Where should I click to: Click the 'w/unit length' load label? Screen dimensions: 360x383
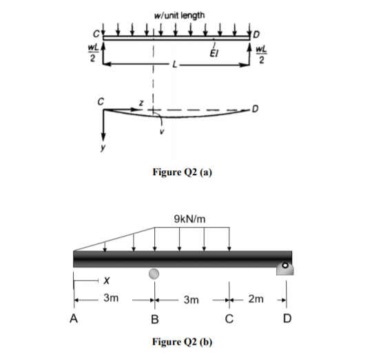(x=178, y=15)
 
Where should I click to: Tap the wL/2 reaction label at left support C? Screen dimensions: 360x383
(x=90, y=52)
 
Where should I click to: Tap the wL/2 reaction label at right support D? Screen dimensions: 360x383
(x=259, y=52)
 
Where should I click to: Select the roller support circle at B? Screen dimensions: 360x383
(x=154, y=274)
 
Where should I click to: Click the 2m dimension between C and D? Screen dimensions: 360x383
(x=257, y=299)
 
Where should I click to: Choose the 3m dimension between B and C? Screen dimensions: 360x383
(x=192, y=300)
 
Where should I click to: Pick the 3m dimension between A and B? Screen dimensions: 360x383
(x=110, y=299)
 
